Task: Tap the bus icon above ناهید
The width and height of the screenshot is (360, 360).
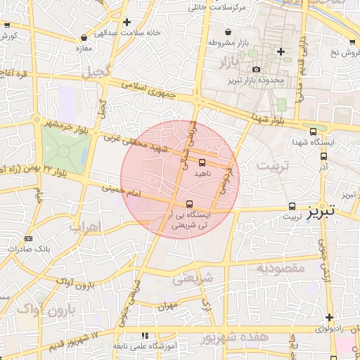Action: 202,162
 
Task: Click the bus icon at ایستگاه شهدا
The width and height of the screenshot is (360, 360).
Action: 313,131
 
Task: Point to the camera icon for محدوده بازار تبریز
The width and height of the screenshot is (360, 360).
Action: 256,69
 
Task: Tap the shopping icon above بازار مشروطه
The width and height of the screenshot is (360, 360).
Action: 228,32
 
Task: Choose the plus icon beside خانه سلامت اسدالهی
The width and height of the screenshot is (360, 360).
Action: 126,22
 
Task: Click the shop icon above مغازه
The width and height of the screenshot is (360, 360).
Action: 84,37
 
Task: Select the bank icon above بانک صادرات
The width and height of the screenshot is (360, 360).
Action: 28,239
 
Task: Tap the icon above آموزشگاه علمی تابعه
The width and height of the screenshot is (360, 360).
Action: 145,336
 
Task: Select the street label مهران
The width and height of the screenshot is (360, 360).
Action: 165,306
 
